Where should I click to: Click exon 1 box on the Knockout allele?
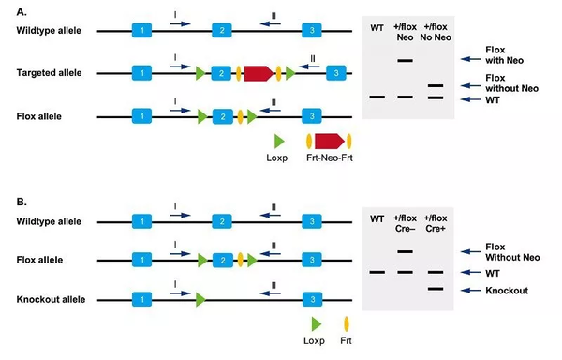point(140,300)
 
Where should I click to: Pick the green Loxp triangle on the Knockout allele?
point(200,300)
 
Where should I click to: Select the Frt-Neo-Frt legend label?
point(328,158)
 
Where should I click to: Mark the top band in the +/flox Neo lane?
point(407,61)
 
